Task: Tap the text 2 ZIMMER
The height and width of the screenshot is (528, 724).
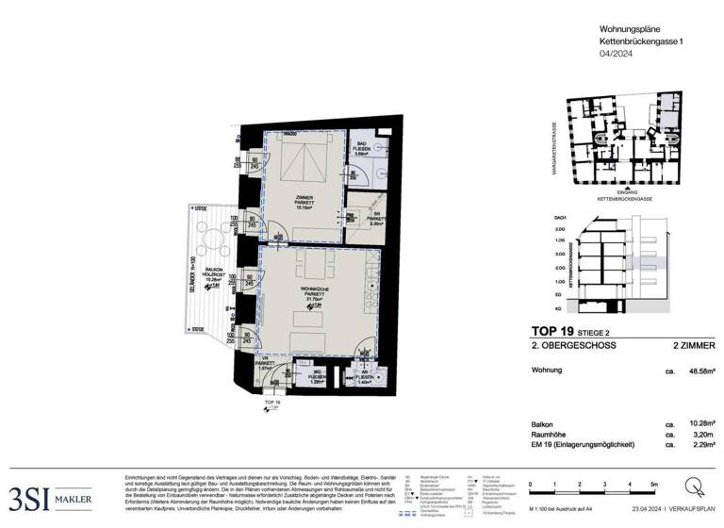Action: point(694,347)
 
